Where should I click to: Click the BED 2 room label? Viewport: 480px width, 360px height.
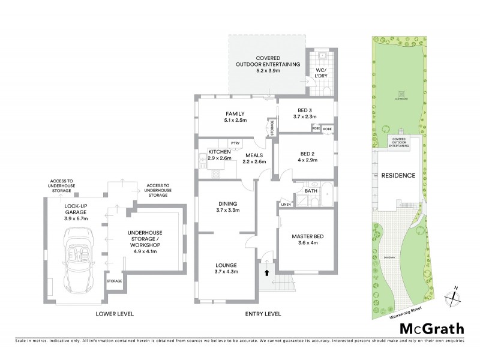tap(308, 153)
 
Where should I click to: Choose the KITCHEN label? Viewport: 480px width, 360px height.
tap(220, 152)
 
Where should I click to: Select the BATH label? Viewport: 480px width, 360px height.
tap(310, 191)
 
